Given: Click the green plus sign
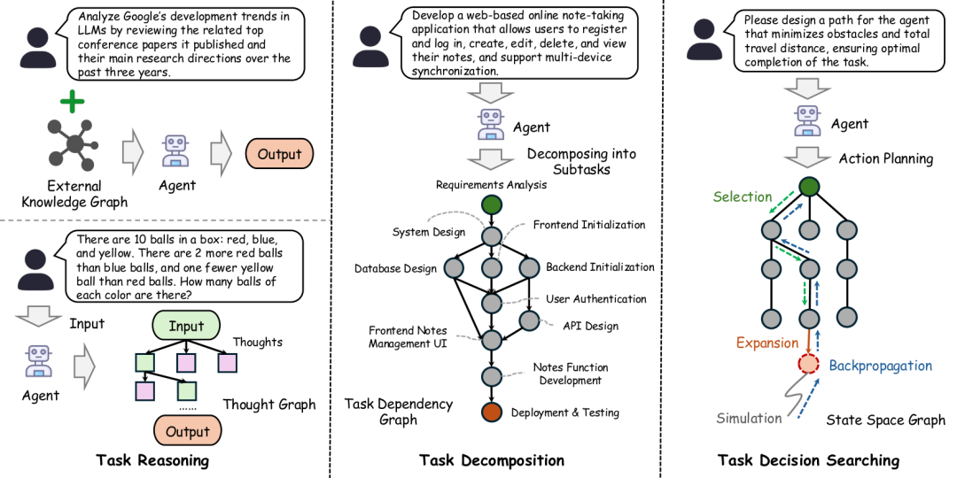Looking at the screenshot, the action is tap(73, 101).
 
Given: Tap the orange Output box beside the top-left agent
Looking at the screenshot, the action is tap(279, 154).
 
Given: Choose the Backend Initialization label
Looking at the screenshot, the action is tap(600, 267).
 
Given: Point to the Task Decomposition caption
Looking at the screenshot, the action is tap(491, 459).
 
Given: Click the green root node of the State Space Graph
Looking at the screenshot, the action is tap(808, 187).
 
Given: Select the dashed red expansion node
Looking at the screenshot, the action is tap(808, 363).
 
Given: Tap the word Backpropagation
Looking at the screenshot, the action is tap(881, 366).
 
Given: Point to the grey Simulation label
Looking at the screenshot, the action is tap(749, 418).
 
